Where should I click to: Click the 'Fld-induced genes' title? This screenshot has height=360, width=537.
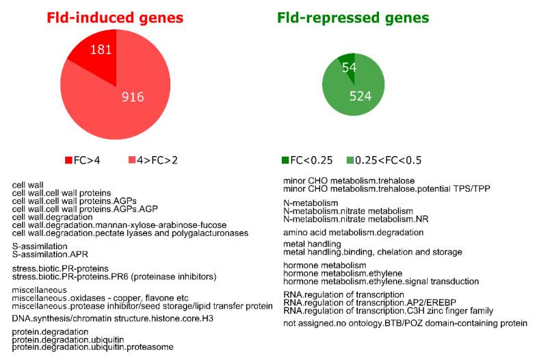click(x=116, y=17)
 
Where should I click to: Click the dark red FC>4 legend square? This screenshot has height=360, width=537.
click(x=68, y=160)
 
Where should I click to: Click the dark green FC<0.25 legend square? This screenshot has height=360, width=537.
click(x=285, y=160)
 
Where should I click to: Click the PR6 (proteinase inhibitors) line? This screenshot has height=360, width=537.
click(x=114, y=276)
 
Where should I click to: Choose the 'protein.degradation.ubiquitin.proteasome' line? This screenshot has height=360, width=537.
click(x=93, y=346)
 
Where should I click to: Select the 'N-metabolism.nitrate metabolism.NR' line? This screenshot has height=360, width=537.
click(x=348, y=219)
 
